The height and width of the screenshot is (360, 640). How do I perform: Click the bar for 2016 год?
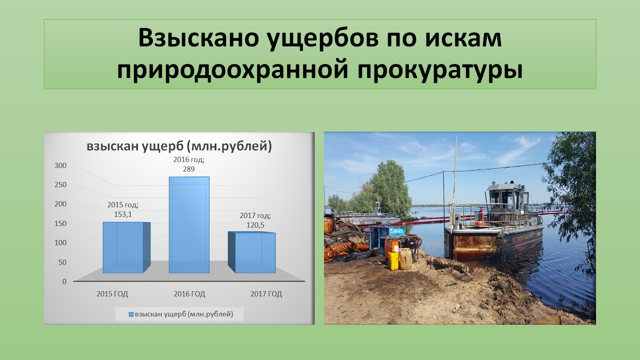(189, 225)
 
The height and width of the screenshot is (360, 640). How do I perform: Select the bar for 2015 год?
(126, 248)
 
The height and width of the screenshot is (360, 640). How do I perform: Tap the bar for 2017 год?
(252, 252)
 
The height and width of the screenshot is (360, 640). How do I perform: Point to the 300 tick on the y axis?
(60, 166)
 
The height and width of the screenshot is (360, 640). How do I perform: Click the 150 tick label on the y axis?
(60, 224)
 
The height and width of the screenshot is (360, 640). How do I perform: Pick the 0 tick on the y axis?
(64, 282)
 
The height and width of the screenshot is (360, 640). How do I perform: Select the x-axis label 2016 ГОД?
(190, 294)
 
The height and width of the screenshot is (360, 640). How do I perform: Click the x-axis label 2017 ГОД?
(266, 294)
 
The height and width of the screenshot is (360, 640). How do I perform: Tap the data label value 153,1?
(123, 214)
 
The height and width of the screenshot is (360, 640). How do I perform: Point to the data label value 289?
(189, 169)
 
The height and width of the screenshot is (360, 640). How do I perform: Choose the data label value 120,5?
(256, 225)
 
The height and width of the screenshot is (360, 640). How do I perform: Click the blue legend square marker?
(131, 314)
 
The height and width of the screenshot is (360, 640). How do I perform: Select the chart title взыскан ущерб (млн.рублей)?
(180, 146)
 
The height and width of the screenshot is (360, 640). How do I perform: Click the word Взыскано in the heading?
(199, 38)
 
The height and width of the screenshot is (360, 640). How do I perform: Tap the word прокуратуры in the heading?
(440, 70)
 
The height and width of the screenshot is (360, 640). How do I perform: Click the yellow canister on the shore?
(393, 260)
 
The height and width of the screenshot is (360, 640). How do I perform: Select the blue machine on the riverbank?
(387, 237)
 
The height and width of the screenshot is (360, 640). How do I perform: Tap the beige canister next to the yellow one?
(406, 259)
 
